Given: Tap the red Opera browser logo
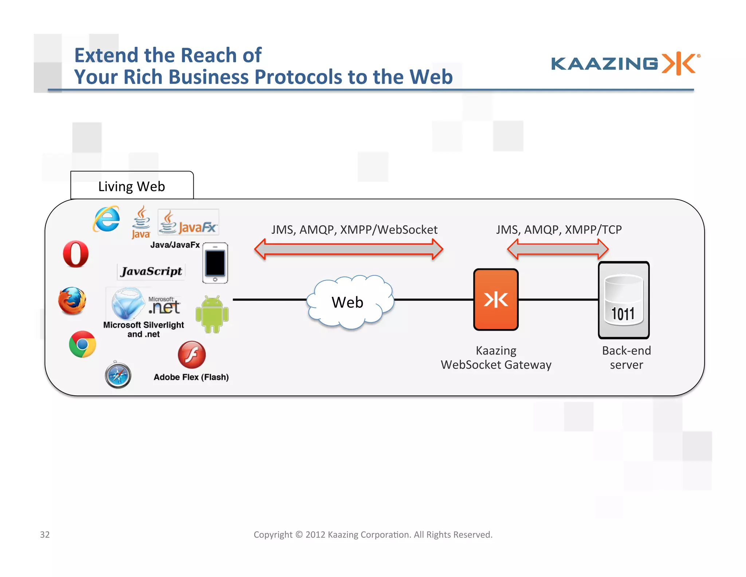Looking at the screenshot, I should [x=76, y=254].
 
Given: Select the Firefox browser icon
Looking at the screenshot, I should [x=72, y=301].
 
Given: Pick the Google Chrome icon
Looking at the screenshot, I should [x=83, y=344].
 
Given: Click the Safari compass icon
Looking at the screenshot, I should [x=118, y=375].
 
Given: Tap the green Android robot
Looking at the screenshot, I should [x=212, y=314].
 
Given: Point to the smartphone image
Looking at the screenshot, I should [x=215, y=263].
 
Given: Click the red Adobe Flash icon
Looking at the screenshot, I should [x=192, y=355].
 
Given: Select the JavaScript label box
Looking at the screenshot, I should [x=151, y=271].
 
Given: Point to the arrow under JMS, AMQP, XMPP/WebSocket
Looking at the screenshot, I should [x=349, y=249].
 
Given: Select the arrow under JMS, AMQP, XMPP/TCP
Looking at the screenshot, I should [x=558, y=249].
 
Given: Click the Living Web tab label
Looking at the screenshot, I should [x=132, y=186].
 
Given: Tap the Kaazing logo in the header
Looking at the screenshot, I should [x=625, y=63].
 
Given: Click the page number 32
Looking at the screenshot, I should [x=45, y=534].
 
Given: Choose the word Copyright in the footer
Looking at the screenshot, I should [x=273, y=534].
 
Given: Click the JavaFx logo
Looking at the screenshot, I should [x=188, y=222].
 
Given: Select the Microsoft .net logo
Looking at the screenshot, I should [x=164, y=306].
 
